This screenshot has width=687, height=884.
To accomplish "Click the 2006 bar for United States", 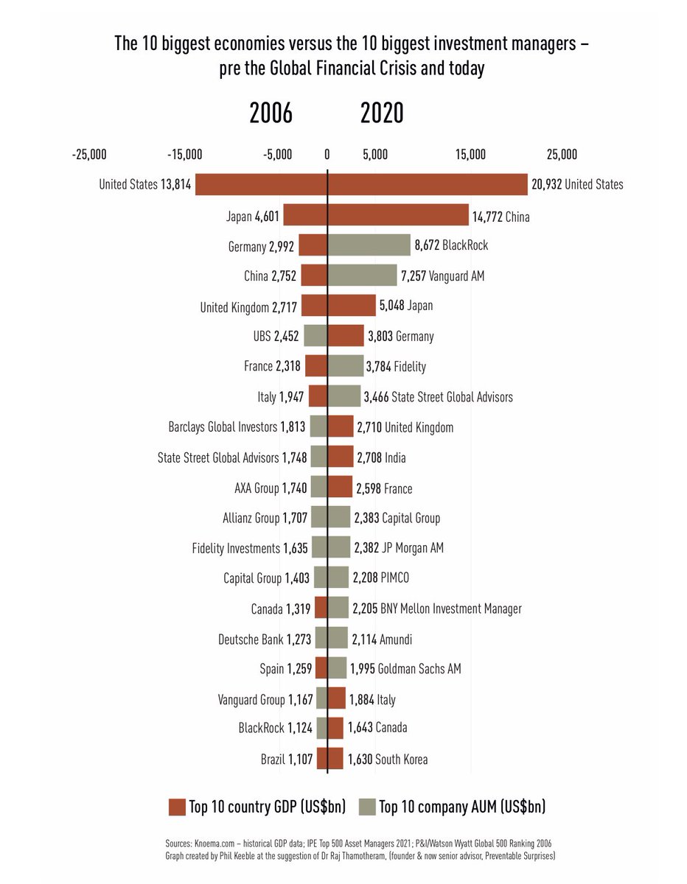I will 261,184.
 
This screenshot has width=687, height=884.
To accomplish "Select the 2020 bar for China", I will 398,215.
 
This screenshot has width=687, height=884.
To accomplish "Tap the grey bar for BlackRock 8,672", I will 369,245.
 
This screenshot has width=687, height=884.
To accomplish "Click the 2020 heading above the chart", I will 382,113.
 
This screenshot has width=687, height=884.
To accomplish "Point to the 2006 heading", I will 271,113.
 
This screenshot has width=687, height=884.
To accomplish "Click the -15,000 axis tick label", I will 184,154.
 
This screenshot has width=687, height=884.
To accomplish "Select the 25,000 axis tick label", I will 562,154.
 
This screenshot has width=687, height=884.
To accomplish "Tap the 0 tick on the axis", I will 327,154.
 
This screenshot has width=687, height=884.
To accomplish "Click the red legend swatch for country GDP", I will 177,807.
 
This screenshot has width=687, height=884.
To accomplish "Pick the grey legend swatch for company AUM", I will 366,807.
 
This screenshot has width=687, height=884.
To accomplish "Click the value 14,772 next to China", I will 491,217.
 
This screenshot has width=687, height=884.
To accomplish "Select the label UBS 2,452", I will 276,336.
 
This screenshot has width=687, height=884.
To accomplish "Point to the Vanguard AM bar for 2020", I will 362,276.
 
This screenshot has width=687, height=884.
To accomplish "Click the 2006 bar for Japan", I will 305,215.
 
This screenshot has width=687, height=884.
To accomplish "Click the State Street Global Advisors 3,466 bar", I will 344,396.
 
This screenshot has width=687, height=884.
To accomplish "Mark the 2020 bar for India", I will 341,457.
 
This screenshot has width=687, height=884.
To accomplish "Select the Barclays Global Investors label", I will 223,427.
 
